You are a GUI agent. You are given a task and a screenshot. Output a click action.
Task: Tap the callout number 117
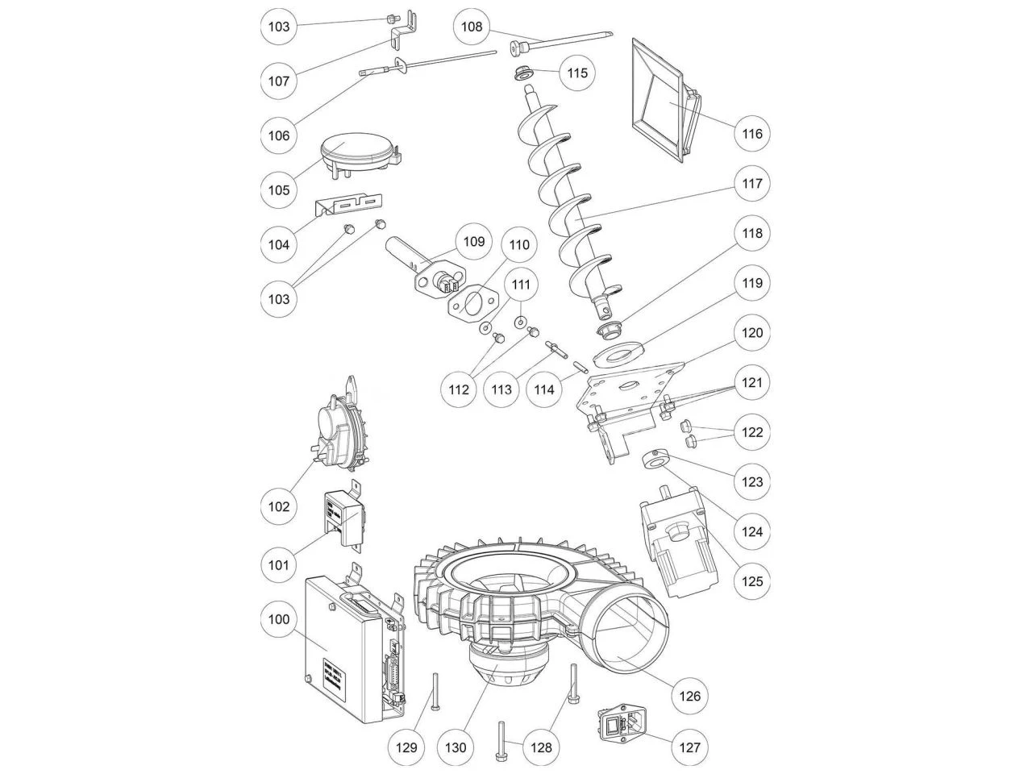pos(751,184)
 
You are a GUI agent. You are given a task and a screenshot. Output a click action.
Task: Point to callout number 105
pos(279,190)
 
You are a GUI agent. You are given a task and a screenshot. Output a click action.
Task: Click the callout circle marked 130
pos(456,747)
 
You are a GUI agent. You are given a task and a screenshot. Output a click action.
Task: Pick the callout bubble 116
pos(751,134)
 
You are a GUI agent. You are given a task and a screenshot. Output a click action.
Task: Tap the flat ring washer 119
pos(618,353)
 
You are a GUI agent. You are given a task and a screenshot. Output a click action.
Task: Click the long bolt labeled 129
pos(435,692)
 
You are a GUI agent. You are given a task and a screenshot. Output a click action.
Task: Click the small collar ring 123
pos(654,460)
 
